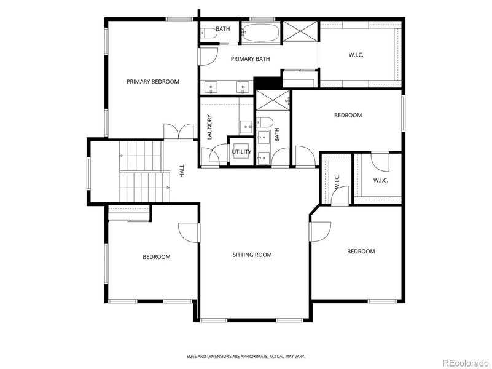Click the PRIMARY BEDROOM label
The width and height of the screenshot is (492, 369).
click(152, 82)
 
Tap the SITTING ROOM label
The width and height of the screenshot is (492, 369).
click(252, 255)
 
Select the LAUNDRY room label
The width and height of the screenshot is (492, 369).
click(209, 127)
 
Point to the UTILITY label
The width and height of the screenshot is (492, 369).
click(241, 152)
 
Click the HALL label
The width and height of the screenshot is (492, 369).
click(182, 170)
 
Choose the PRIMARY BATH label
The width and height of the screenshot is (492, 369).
click(251, 59)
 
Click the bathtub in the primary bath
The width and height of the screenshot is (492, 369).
click(260, 33)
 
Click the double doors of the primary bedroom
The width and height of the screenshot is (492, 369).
click(178, 132)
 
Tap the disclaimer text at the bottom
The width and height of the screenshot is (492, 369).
click(246, 356)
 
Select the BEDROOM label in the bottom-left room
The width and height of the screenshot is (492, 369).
click(157, 257)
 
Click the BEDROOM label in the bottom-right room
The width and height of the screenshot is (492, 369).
click(361, 251)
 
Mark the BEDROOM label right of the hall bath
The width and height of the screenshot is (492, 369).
click(348, 115)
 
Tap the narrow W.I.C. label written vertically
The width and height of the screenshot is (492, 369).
click(337, 182)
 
